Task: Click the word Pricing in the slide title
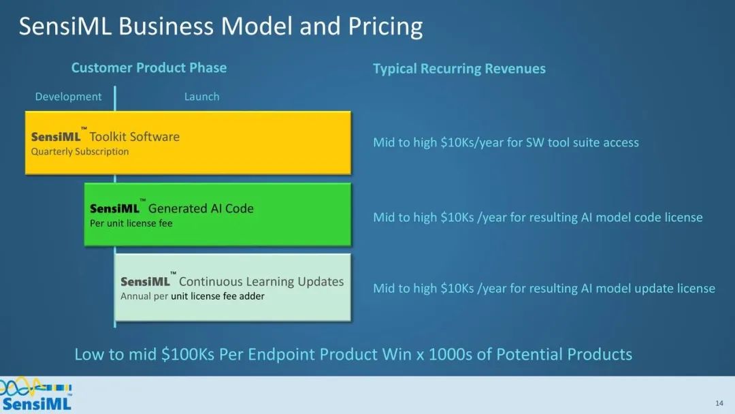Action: pyautogui.click(x=385, y=27)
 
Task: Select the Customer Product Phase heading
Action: pyautogui.click(x=148, y=67)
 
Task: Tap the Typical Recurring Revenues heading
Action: pyautogui.click(x=459, y=69)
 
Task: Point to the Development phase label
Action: pyautogui.click(x=69, y=97)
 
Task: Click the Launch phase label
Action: pyautogui.click(x=201, y=97)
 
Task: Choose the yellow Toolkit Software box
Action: pyautogui.click(x=188, y=143)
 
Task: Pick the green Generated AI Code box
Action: pyautogui.click(x=218, y=214)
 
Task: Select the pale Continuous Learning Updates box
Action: pyautogui.click(x=233, y=287)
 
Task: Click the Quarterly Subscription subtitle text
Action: pyautogui.click(x=80, y=151)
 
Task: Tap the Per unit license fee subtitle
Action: pyautogui.click(x=131, y=223)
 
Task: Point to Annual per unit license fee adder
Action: pyautogui.click(x=192, y=296)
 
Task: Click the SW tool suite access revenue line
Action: pyautogui.click(x=506, y=142)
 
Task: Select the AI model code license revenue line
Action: pyautogui.click(x=538, y=217)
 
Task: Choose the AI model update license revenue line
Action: pyautogui.click(x=544, y=288)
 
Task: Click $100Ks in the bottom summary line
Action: pyautogui.click(x=188, y=354)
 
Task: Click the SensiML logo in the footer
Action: pyautogui.click(x=36, y=394)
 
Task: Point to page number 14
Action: pyautogui.click(x=719, y=403)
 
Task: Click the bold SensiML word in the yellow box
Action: pyautogui.click(x=56, y=137)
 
